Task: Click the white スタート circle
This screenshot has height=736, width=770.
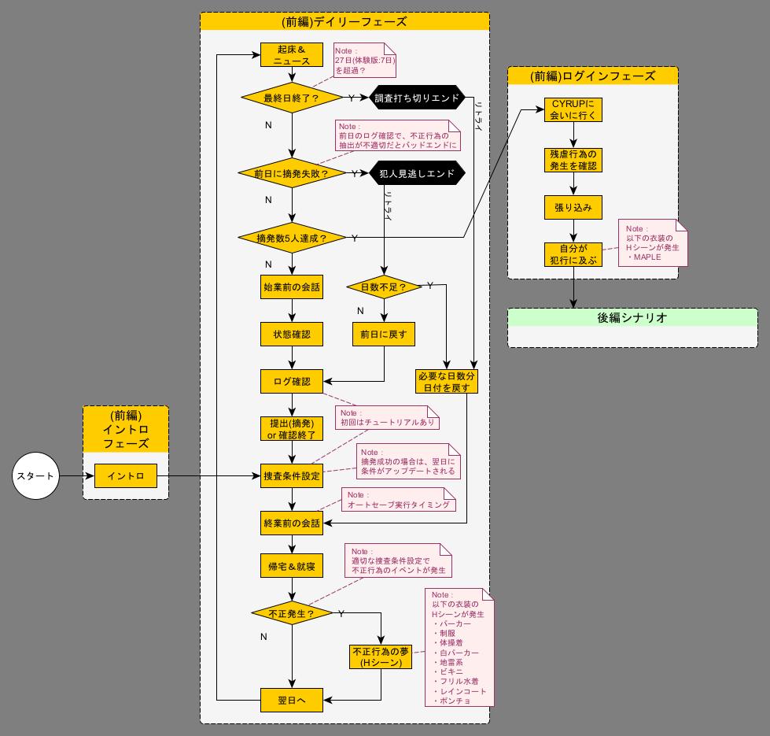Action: (x=35, y=476)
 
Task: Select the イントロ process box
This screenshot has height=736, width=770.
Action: (x=125, y=476)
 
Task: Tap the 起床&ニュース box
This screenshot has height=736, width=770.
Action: (x=292, y=54)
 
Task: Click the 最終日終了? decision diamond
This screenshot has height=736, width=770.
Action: (x=292, y=98)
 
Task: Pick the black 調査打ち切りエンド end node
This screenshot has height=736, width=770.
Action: (x=418, y=98)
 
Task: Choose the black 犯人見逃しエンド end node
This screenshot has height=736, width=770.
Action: (x=418, y=173)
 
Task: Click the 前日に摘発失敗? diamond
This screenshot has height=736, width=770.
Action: (x=292, y=173)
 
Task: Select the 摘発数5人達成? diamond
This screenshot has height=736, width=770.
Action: (x=292, y=238)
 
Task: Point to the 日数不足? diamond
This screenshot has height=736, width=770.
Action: (x=384, y=287)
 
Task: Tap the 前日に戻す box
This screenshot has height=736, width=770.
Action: (x=384, y=334)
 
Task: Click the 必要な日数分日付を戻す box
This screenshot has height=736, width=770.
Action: (x=448, y=381)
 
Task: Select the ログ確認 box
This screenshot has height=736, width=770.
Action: (x=292, y=381)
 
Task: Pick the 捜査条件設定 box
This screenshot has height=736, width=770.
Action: (x=292, y=475)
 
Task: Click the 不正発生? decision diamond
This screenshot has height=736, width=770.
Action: (x=292, y=612)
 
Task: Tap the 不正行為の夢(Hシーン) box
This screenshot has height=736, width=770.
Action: (x=381, y=656)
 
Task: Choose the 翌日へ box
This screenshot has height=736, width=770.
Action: (x=292, y=700)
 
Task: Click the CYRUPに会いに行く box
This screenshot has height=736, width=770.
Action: (x=574, y=109)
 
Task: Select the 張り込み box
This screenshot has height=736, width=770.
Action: (x=574, y=207)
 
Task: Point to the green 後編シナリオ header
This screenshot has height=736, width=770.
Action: (x=632, y=318)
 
